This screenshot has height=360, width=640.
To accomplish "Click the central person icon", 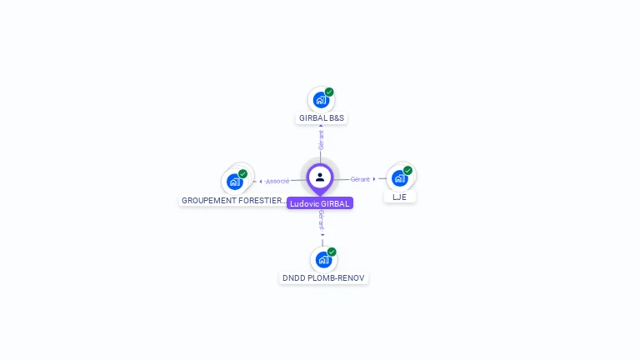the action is (320, 177).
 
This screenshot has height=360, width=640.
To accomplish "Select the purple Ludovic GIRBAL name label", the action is (320, 203).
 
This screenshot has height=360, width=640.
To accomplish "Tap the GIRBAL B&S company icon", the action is (321, 100).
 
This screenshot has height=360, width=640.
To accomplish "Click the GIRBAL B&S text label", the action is (322, 118).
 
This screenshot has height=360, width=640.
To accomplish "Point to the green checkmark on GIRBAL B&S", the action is (329, 92).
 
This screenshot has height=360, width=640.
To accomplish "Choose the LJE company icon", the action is (400, 178).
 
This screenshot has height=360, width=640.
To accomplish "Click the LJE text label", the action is (400, 197).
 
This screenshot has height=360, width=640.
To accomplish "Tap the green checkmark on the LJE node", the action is (407, 170).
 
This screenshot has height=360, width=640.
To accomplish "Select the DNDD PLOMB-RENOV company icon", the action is (322, 260).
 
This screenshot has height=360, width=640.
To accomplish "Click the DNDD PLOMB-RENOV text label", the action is (323, 278).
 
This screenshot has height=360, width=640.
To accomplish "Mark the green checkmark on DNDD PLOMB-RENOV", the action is (332, 252).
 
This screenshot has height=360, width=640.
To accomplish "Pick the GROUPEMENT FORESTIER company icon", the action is (235, 181).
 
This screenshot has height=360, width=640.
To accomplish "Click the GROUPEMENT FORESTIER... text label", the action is (234, 201).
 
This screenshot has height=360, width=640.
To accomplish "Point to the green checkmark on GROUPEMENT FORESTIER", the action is (242, 173).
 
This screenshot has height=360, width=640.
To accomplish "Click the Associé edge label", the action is (277, 181).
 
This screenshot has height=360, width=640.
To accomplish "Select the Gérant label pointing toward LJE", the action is (360, 179).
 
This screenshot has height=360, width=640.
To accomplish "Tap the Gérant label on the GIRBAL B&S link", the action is (321, 139).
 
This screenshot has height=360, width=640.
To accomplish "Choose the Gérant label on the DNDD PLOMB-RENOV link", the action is (322, 220).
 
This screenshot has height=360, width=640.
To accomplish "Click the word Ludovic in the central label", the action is (304, 203).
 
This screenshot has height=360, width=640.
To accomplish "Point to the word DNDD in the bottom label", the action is (294, 278).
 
